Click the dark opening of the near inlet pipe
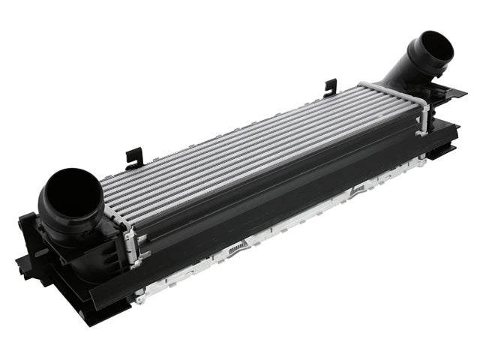[x=72, y=193]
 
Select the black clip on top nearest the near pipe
[x=134, y=157]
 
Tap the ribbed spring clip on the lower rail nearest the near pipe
[x=238, y=247]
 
